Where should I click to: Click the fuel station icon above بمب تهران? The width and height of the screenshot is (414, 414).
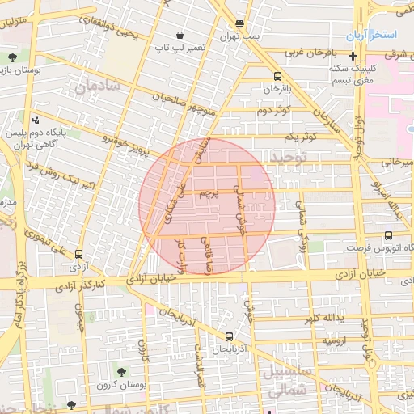pyautogui.click(x=239, y=24)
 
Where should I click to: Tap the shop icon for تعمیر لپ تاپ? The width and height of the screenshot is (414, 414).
pyautogui.click(x=179, y=36)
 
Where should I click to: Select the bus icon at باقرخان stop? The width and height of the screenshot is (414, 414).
pyautogui.click(x=278, y=75)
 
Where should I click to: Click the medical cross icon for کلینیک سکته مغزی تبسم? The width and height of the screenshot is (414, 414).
pyautogui.click(x=352, y=56)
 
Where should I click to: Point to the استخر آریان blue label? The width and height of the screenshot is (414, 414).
pyautogui.click(x=370, y=36)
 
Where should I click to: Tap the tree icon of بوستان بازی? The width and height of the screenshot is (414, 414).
pyautogui.click(x=13, y=57)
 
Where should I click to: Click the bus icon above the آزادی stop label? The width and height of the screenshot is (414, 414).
pyautogui.click(x=78, y=254)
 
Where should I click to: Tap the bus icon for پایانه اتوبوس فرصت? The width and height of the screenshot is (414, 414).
pyautogui.click(x=389, y=236)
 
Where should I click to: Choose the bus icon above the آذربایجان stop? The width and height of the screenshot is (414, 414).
pyautogui.click(x=229, y=336)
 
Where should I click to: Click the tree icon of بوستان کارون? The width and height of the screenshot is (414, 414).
pyautogui.click(x=121, y=371)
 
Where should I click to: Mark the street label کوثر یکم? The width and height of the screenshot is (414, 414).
pyautogui.click(x=298, y=136)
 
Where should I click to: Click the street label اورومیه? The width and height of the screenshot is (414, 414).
pyautogui.click(x=336, y=341)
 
